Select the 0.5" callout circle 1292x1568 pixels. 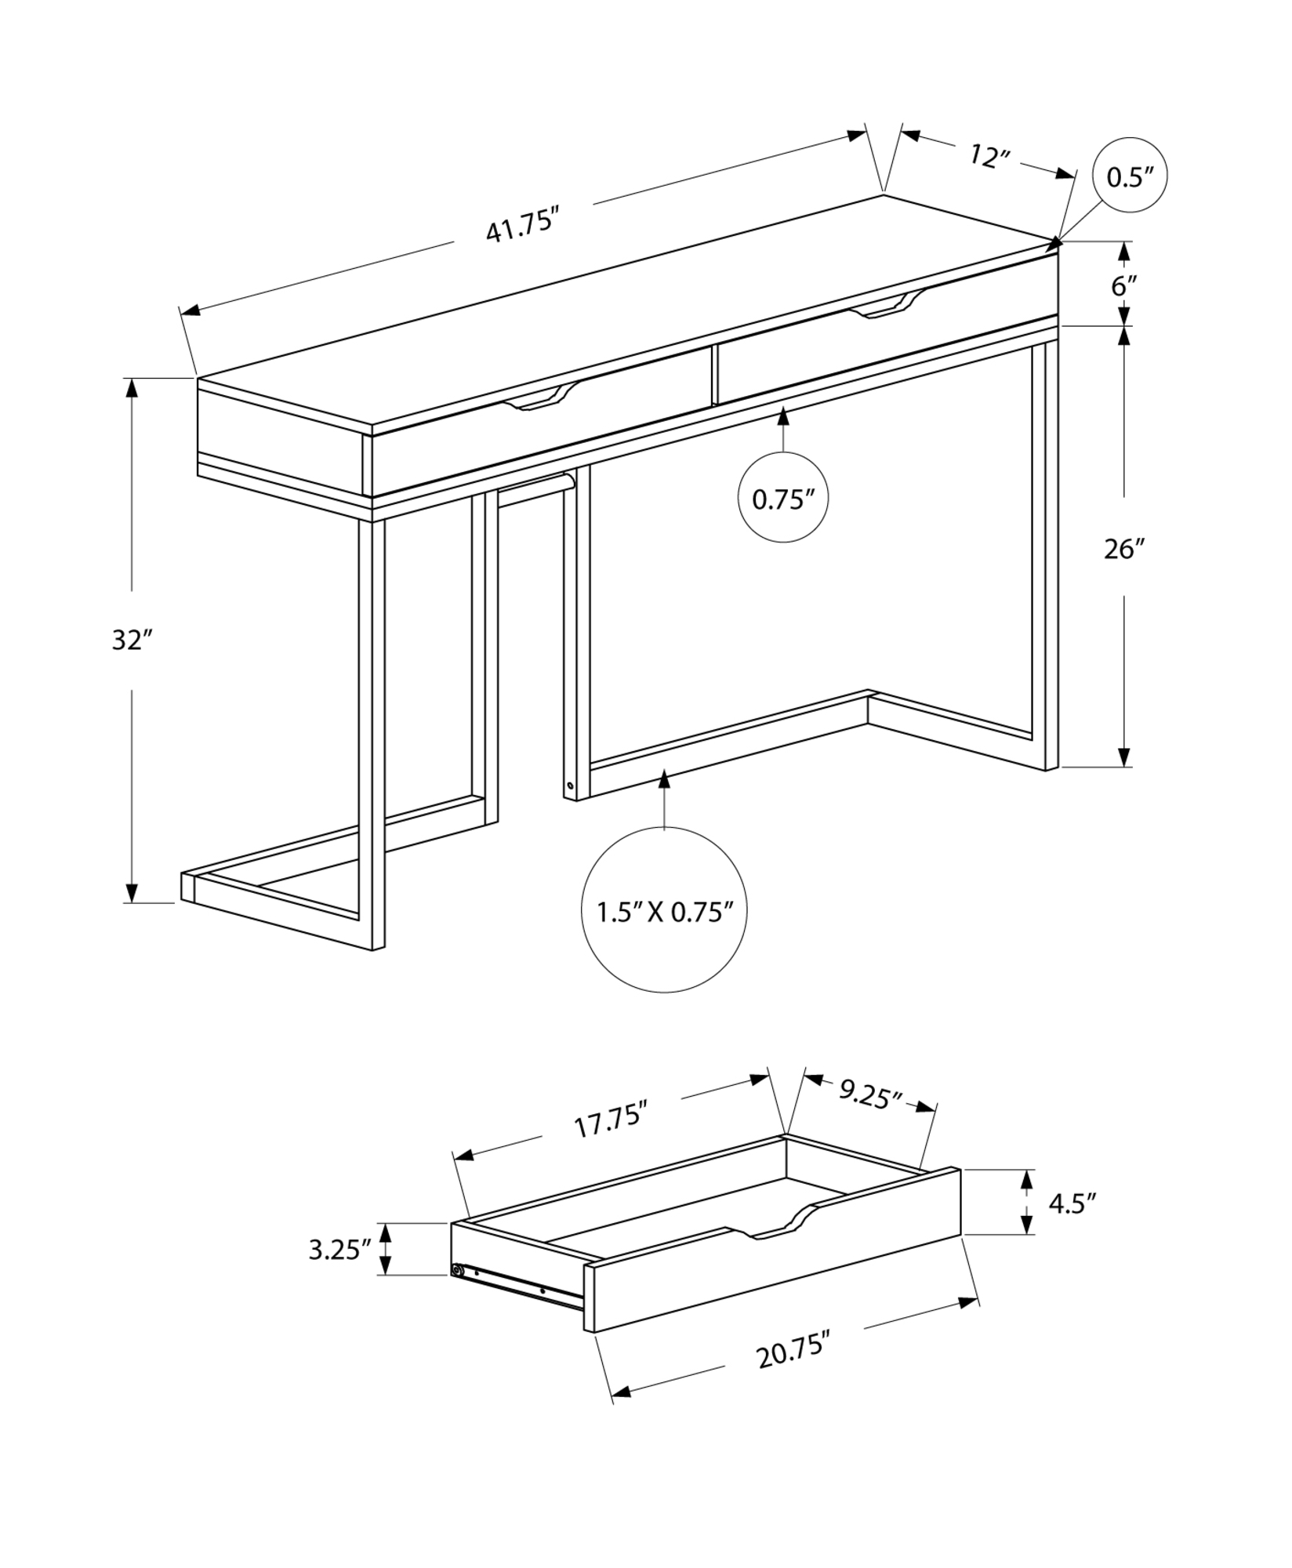1130,176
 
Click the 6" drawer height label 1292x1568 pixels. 1123,285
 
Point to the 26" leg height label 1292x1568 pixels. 1124,549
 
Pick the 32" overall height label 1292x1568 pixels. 130,640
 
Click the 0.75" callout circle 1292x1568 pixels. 783,498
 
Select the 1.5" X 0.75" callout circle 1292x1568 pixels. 664,911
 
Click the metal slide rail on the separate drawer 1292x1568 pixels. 517,1287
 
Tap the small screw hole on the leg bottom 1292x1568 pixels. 570,785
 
